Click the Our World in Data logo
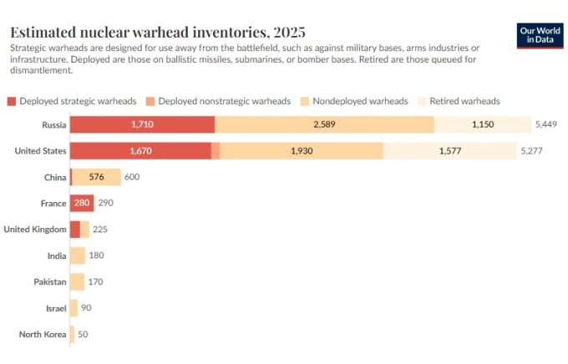(x=540, y=34)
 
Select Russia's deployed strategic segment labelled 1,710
(x=142, y=124)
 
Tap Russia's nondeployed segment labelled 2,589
(x=324, y=124)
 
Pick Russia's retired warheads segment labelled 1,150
(x=482, y=124)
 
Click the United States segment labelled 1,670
(x=140, y=151)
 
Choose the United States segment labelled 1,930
(x=302, y=151)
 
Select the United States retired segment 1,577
(x=449, y=151)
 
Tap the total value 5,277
(x=532, y=151)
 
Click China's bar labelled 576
(x=97, y=177)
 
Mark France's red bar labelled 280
(x=82, y=203)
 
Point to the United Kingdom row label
(x=35, y=229)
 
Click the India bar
(x=77, y=255)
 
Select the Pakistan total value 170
(x=95, y=281)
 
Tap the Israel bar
(x=74, y=308)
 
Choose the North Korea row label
(x=43, y=334)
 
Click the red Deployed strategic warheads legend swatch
(x=12, y=101)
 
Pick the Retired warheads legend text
(x=464, y=101)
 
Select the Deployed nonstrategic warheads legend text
(x=225, y=101)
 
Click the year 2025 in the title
(x=287, y=33)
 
